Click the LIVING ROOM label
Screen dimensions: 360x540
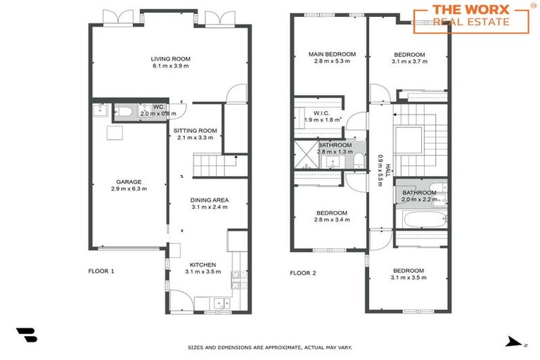[170, 59]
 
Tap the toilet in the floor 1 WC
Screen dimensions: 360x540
[125, 111]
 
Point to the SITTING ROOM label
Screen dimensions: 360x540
[195, 130]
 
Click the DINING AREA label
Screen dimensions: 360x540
[209, 200]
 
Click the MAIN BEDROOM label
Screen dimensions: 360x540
[332, 54]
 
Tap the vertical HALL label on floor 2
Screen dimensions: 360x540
[380, 169]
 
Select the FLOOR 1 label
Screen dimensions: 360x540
[101, 271]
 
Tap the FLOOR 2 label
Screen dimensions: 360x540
[303, 273]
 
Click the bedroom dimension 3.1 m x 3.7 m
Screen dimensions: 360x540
[409, 62]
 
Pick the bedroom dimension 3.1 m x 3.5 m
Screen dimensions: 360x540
[409, 278]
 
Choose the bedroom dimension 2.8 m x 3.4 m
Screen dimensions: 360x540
[331, 219]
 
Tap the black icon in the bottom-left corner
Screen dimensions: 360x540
[27, 335]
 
